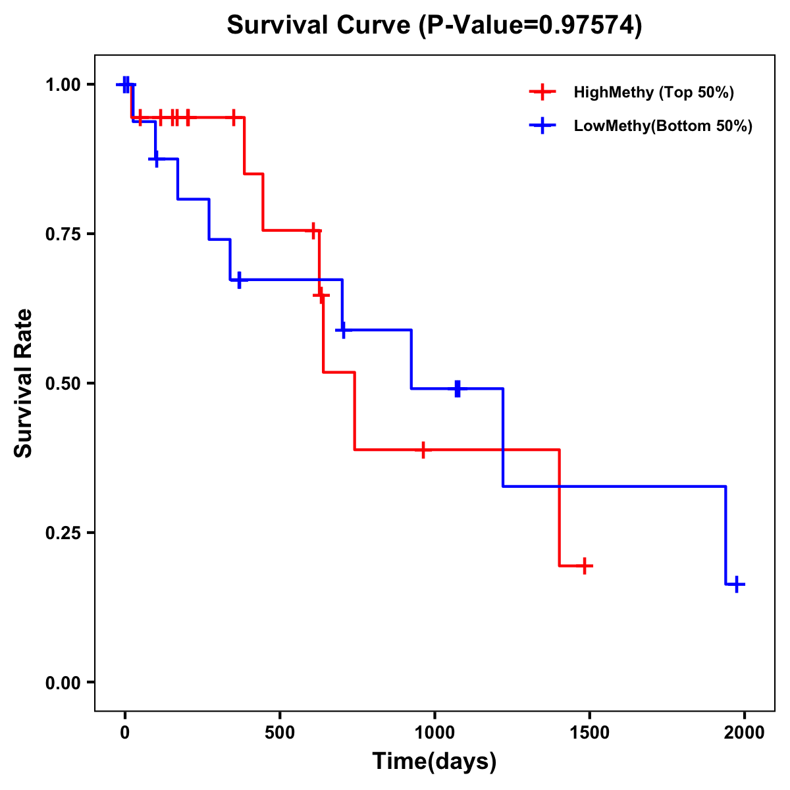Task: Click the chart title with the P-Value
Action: [x=434, y=26]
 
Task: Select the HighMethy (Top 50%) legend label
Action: [x=654, y=92]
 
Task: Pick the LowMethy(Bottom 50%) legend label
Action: [x=663, y=126]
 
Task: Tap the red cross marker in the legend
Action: [x=542, y=92]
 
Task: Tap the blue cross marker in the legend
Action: [x=542, y=126]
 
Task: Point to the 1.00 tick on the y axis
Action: [x=63, y=85]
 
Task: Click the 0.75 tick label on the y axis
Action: [x=63, y=234]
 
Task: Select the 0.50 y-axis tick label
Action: [x=63, y=384]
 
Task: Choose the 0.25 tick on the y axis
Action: [x=63, y=533]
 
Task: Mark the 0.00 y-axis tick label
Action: [x=63, y=683]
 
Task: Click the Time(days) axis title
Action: [x=434, y=762]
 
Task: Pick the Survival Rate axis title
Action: [x=24, y=383]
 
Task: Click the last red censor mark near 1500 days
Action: [x=584, y=566]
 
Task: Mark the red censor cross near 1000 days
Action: [x=423, y=450]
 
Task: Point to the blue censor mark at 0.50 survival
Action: [x=458, y=388]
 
